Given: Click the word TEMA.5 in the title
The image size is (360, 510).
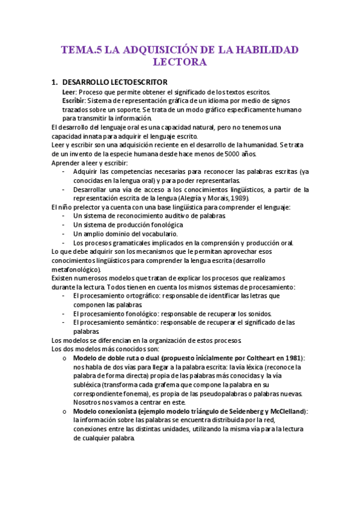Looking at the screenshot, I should [x=82, y=50].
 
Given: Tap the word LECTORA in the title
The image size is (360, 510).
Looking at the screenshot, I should [x=180, y=62].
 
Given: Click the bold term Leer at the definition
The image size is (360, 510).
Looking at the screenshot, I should [x=69, y=91].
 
